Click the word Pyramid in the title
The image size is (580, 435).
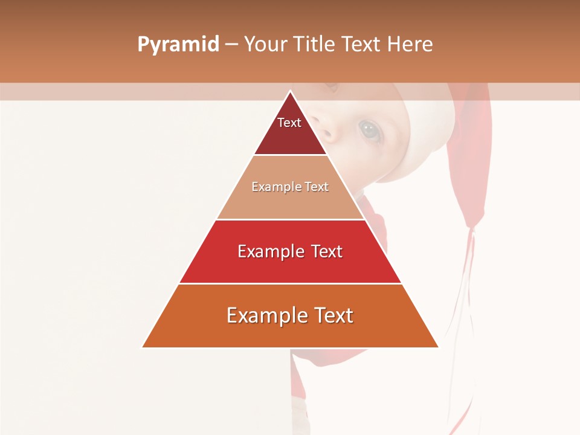(x=178, y=45)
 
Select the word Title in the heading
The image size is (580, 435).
(x=318, y=45)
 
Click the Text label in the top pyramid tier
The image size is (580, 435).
(x=289, y=123)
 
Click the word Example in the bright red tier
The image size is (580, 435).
(x=268, y=251)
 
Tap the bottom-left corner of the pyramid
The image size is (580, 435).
(x=142, y=347)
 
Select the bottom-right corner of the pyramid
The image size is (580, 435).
(x=439, y=347)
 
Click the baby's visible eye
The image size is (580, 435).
(x=370, y=129)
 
